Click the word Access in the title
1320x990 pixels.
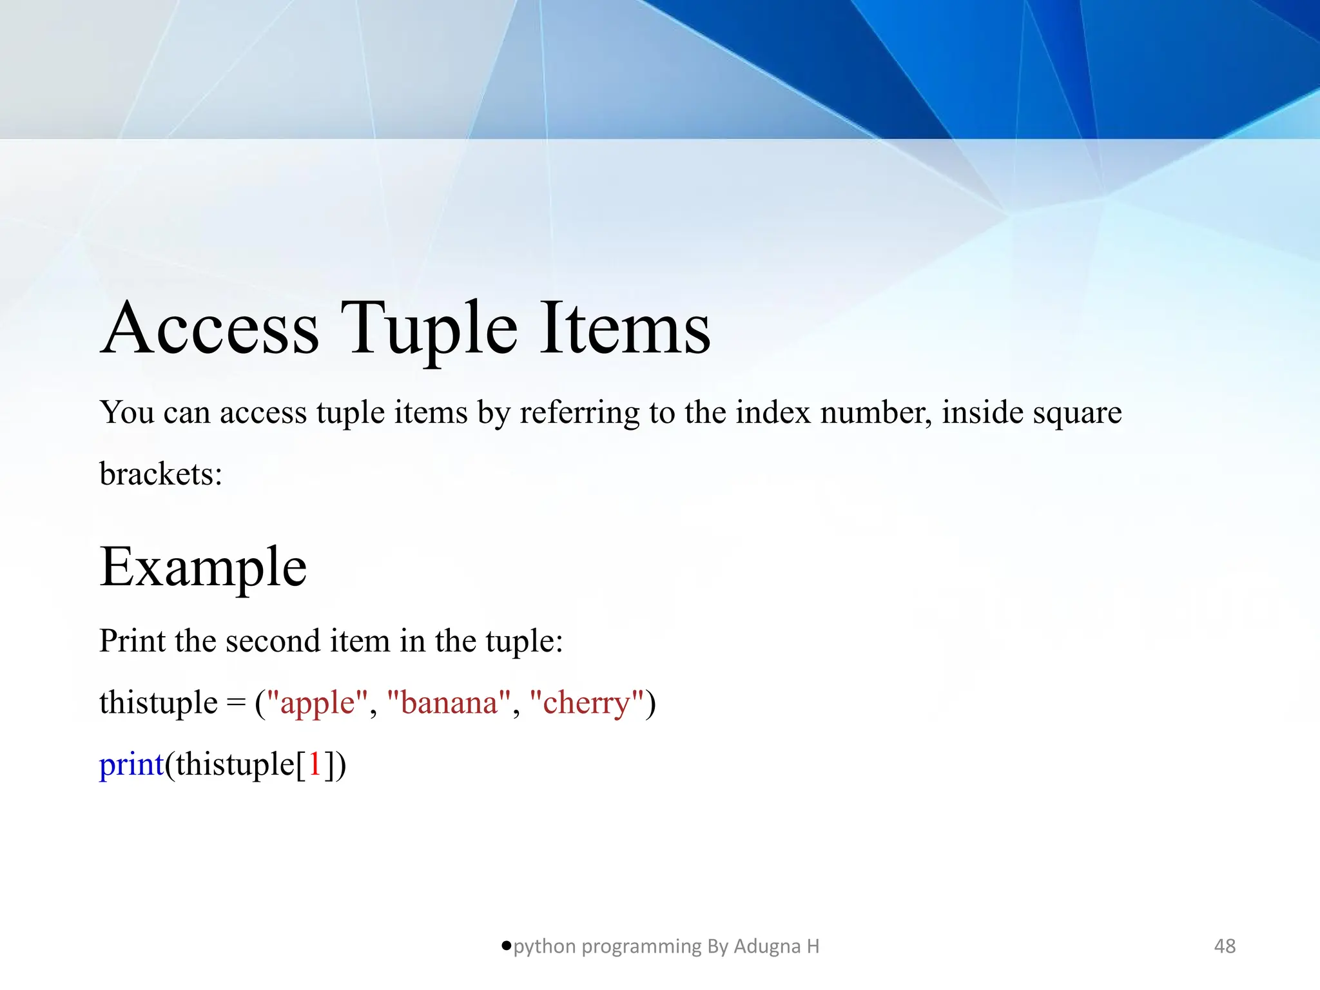[x=209, y=329]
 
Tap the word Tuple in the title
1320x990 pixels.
[x=429, y=329]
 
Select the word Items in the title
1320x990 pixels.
[x=624, y=329]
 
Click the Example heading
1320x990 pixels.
[x=203, y=567]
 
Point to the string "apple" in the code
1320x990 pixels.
[x=317, y=703]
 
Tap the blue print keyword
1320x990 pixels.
[x=131, y=765]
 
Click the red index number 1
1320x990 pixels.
[x=315, y=765]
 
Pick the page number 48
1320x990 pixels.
[x=1225, y=946]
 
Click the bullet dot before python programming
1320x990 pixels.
[x=506, y=946]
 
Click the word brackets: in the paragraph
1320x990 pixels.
[x=160, y=474]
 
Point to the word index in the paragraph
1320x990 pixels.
[x=773, y=412]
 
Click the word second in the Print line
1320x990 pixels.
[x=273, y=641]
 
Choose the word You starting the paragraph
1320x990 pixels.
[x=126, y=412]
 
